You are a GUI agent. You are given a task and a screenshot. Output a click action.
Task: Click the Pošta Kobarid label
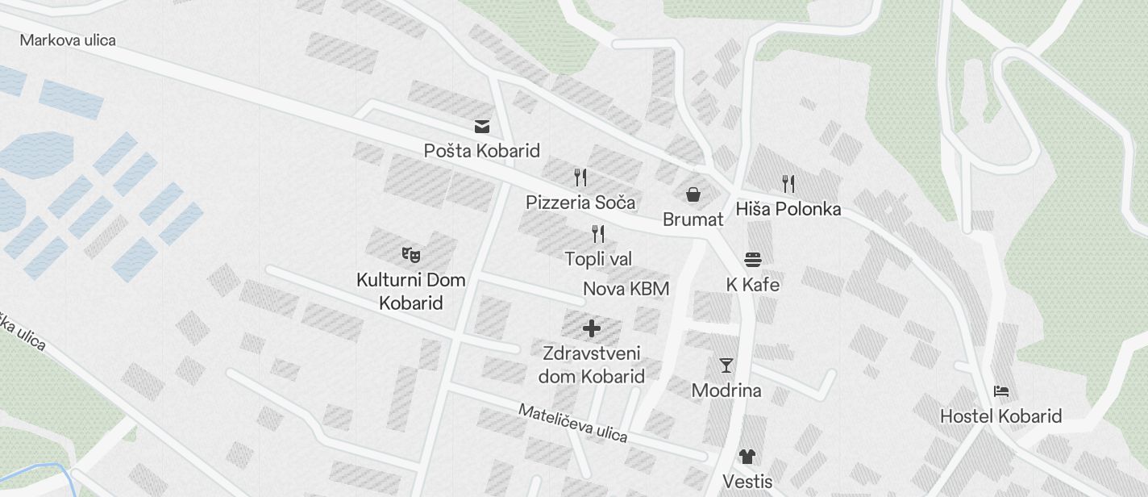pos(482,151)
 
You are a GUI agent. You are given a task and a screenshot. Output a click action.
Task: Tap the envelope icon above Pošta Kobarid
pos(482,127)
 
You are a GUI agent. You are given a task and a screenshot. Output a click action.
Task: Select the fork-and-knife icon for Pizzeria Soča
pos(580,177)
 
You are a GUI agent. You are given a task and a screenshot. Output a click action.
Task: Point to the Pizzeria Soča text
pos(580,202)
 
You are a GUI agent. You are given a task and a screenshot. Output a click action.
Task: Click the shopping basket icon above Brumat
pos(693,194)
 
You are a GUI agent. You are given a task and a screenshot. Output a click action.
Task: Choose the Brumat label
pos(693,219)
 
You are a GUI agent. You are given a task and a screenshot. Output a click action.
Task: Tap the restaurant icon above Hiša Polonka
pos(788,184)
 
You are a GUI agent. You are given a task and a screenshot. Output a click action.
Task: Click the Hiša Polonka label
pos(788,209)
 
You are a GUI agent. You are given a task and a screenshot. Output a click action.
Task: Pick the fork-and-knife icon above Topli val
pos(598,234)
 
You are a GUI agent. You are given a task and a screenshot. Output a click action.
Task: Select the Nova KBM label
pos(626,289)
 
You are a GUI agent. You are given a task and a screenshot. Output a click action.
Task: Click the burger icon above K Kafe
pos(753,259)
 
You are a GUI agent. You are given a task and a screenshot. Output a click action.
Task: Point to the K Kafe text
pos(753,285)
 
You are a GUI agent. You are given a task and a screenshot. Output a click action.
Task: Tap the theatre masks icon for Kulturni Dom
pos(411,255)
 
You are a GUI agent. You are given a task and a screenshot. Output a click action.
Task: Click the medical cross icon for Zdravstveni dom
pos(592,328)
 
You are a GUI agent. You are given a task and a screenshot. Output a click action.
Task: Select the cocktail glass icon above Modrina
pos(726,365)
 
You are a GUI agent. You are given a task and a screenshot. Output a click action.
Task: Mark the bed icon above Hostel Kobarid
pos(1001,391)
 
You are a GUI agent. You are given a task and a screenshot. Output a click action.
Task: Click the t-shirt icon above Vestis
pos(747,457)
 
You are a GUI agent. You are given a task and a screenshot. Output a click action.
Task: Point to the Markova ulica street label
pos(68,40)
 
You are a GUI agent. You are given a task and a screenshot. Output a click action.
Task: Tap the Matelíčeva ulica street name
pos(572,423)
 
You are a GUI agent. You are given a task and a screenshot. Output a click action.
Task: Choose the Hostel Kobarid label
pos(1001,416)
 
